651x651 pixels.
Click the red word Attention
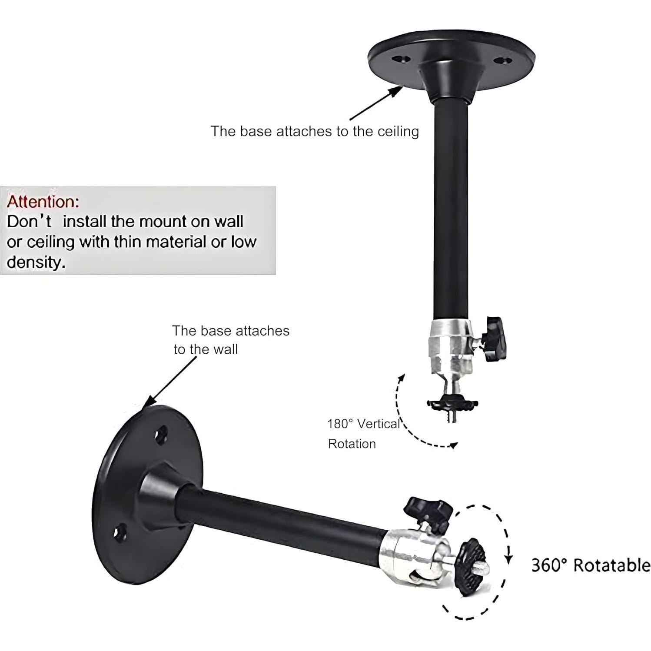(x=43, y=202)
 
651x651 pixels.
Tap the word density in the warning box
(x=36, y=262)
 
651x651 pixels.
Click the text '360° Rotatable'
(x=591, y=565)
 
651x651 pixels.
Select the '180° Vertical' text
(x=363, y=424)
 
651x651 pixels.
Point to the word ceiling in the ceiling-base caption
(x=398, y=131)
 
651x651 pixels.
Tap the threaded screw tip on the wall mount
(x=484, y=567)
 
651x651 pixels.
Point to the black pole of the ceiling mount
(x=452, y=209)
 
